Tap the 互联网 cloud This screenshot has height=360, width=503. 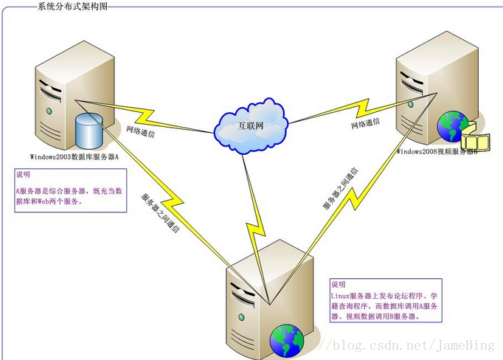coord(250,126)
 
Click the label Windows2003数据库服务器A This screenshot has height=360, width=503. coord(74,156)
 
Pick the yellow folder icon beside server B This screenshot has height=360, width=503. coord(475,137)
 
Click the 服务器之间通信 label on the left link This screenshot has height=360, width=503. coord(159,213)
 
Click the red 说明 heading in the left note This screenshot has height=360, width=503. coord(23,176)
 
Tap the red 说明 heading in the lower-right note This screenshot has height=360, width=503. coord(338,284)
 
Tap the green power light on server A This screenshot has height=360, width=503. coord(49,111)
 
